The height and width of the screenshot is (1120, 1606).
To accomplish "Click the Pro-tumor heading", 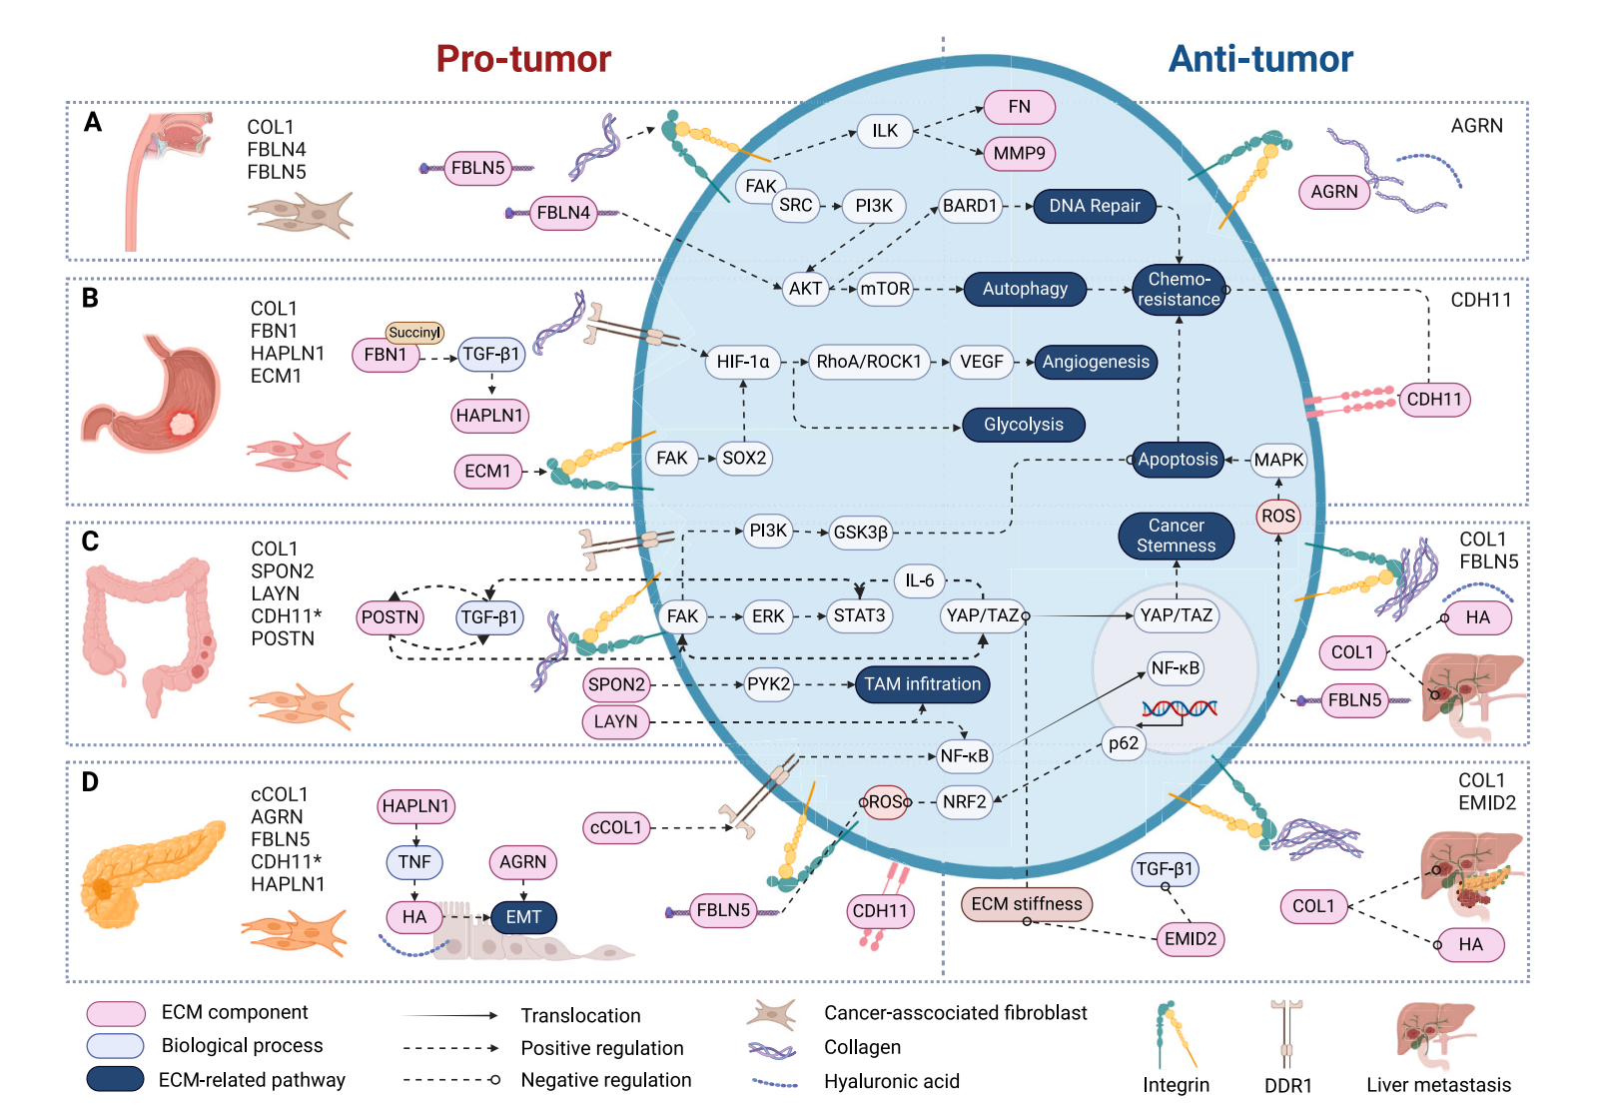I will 523,59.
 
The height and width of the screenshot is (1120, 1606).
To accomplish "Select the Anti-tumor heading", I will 1260,59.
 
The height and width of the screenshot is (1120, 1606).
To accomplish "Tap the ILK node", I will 885,131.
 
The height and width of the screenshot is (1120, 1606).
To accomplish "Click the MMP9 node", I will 1019,154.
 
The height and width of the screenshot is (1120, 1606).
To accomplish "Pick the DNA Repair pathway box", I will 1094,206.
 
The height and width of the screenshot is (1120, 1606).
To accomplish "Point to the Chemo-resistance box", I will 1179,290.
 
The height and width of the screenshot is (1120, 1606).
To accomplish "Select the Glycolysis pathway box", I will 1023,425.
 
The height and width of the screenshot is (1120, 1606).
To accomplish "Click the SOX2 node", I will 744,459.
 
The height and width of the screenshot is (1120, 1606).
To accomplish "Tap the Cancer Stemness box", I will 1176,536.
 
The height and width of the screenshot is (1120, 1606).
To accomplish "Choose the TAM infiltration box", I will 922,684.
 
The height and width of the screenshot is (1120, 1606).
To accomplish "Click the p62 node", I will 1124,743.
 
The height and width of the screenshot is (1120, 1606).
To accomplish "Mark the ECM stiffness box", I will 1026,904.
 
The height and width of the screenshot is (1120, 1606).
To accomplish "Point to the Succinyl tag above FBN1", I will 414,333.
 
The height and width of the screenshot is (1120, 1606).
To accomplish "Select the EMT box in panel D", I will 523,917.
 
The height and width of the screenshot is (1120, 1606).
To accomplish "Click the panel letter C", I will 90,542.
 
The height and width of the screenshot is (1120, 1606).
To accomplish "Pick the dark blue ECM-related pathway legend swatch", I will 115,1079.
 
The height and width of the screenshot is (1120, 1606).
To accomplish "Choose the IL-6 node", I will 919,580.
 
